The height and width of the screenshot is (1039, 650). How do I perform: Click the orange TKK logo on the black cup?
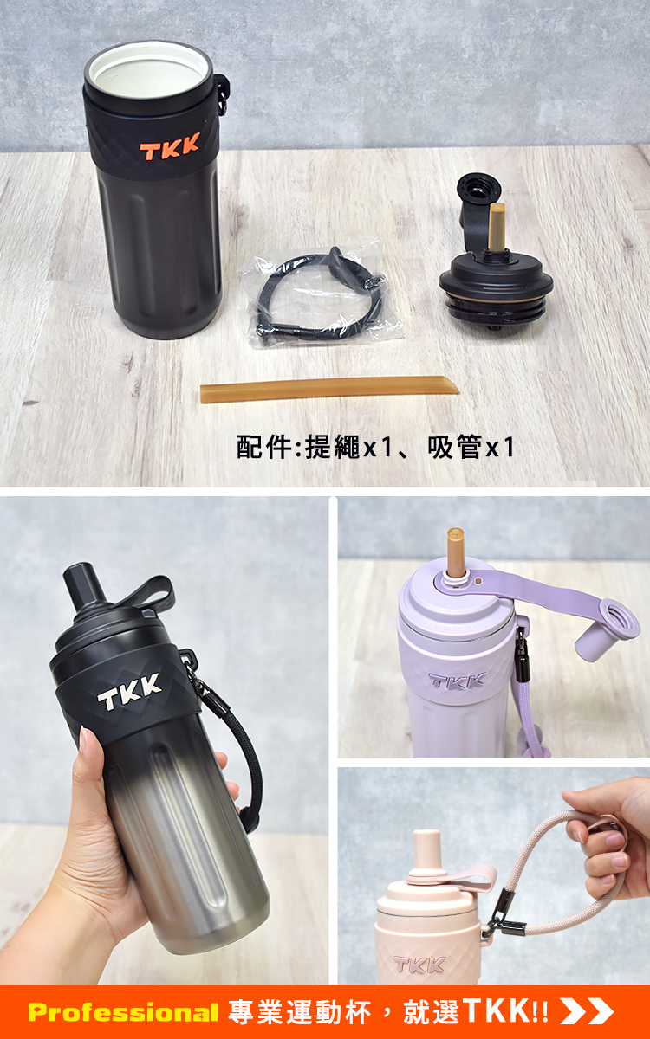[170, 146]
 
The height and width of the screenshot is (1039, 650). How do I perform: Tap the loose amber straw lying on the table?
[329, 390]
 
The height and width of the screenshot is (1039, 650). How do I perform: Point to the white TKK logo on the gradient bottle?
[129, 692]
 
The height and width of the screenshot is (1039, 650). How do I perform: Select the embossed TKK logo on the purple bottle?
[458, 681]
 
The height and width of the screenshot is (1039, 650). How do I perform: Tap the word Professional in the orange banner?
[122, 1011]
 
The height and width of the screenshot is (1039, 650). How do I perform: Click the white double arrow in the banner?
[587, 1011]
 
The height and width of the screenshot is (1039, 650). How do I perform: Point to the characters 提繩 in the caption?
[333, 447]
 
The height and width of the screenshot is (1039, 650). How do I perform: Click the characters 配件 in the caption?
[264, 447]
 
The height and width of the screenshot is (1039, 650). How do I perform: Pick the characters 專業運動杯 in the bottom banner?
[300, 1011]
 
